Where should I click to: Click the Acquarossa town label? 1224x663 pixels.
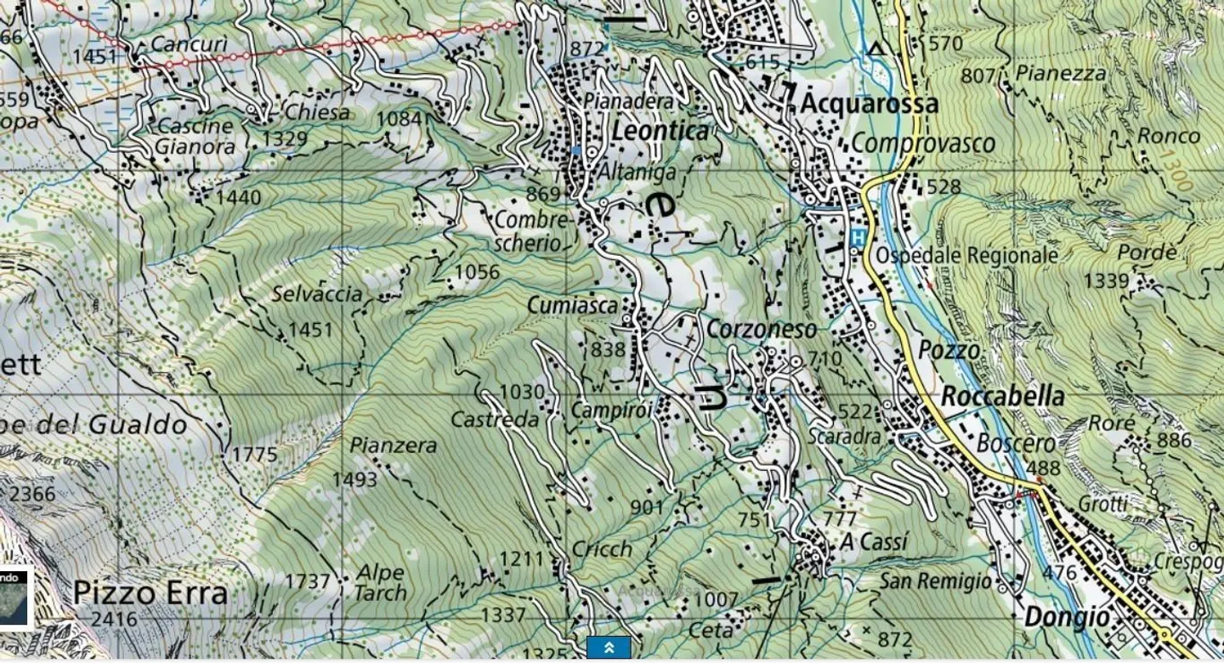point(870,104)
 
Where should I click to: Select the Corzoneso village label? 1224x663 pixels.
point(762,329)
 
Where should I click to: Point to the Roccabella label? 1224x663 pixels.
point(1002,396)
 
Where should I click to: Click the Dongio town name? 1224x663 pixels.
point(1067,616)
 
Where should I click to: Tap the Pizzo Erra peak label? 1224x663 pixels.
point(150,592)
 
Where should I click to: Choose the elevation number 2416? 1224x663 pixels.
point(114,619)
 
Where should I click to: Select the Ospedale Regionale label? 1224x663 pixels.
point(966,255)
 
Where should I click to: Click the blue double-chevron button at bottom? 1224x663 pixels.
point(609,648)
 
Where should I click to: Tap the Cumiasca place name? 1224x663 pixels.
point(571,304)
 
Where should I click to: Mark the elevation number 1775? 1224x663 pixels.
point(254,455)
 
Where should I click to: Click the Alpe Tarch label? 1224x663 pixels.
point(380,582)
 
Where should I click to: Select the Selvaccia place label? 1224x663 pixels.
point(317,294)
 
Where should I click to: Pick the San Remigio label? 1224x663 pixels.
point(935,581)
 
